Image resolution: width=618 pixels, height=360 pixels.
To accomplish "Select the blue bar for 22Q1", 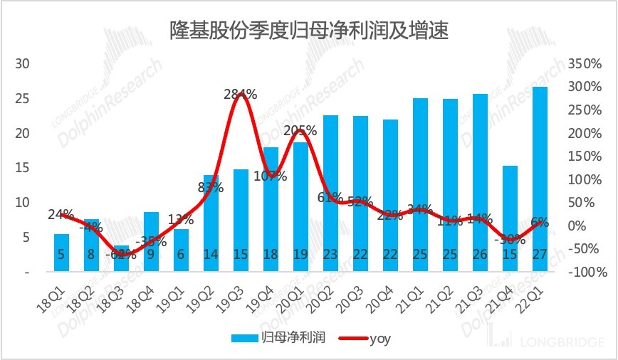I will pyautogui.click(x=539, y=178).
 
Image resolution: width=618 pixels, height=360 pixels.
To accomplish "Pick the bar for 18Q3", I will pyautogui.click(x=122, y=258).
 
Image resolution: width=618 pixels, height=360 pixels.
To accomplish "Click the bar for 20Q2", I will pyautogui.click(x=330, y=192).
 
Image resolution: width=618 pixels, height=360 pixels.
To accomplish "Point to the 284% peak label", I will pyautogui.click(x=240, y=94).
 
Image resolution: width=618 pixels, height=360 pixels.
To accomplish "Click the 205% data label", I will pyautogui.click(x=300, y=131).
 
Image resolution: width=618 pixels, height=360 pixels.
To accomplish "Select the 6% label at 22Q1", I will pyautogui.click(x=539, y=222).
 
